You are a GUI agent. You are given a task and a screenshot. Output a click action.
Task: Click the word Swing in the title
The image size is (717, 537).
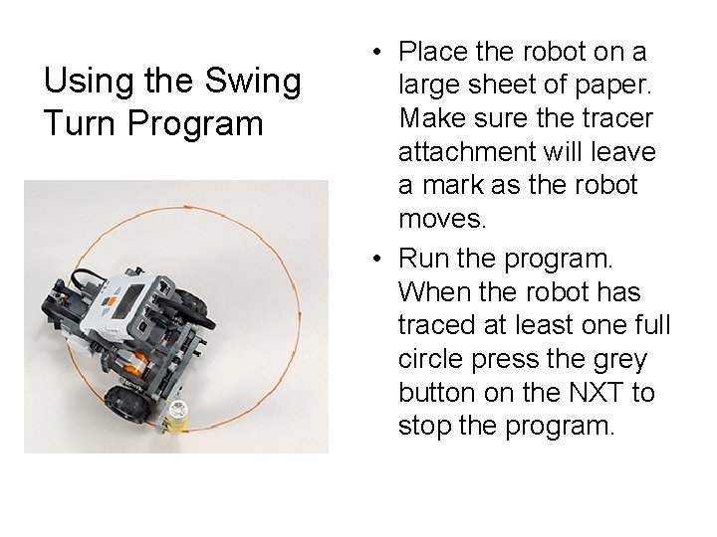point(253,82)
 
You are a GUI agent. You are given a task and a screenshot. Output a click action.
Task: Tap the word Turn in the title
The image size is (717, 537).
point(80,123)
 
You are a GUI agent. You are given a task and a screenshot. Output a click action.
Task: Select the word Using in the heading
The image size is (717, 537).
point(90,82)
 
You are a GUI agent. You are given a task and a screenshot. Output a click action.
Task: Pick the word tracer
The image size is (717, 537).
point(617,118)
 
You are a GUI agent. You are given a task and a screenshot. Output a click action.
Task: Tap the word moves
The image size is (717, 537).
point(442,219)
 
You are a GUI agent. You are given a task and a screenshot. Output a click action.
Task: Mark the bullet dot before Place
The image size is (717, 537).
point(376,52)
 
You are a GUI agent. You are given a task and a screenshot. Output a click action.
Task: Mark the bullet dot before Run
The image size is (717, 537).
point(376,259)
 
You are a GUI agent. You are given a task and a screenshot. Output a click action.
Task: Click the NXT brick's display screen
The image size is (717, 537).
point(128,301)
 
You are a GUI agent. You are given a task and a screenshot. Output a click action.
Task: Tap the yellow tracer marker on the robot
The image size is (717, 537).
point(176,415)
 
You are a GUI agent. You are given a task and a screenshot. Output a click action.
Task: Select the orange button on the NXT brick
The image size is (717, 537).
point(109,302)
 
